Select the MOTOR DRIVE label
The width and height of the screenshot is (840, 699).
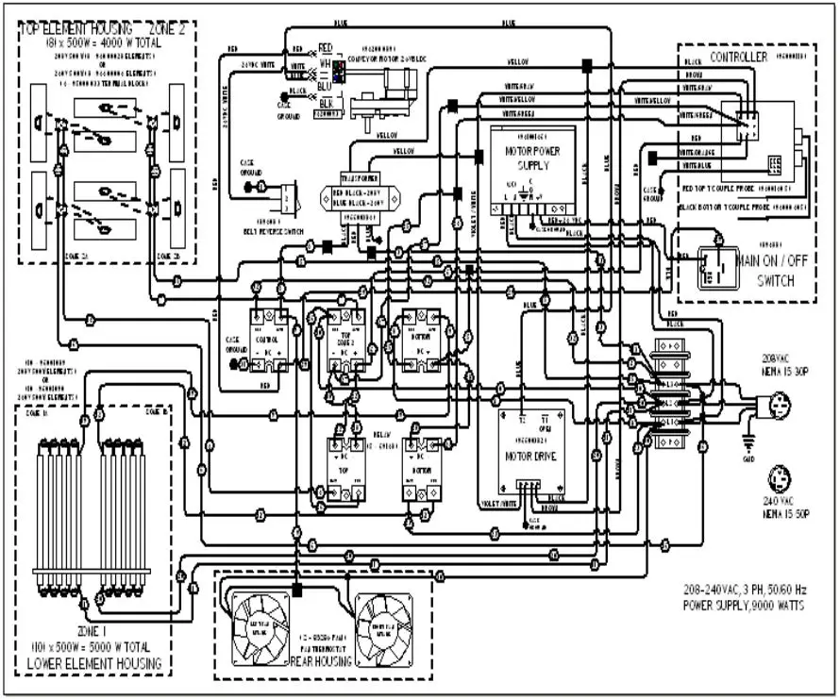click(x=532, y=456)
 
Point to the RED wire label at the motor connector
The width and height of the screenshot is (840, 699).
click(x=325, y=46)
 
